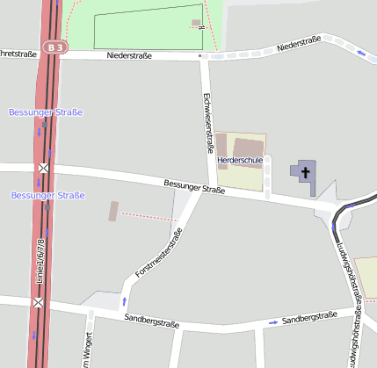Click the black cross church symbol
coord(305,170)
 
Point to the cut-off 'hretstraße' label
coord(18,54)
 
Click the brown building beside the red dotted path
coord(112,211)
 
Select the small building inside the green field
coord(195,24)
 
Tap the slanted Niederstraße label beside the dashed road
coord(298,43)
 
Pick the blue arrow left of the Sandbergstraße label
coord(273,322)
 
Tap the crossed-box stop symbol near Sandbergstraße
coord(38,303)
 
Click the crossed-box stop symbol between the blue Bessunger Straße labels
coord(42,168)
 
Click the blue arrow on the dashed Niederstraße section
coord(361,53)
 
